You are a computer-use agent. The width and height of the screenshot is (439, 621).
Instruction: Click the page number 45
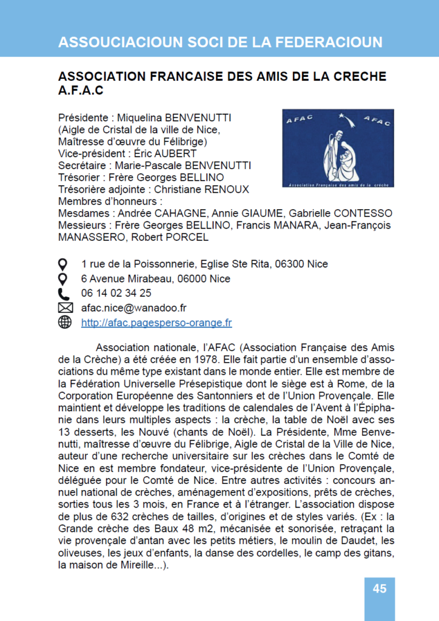380,588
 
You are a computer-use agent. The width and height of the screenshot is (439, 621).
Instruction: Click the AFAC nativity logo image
338,147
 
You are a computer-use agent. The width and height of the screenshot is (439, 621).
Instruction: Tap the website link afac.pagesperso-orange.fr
156,323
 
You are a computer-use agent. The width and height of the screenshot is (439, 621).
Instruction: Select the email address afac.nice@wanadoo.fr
133,308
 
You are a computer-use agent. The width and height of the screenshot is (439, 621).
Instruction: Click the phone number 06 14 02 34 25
116,294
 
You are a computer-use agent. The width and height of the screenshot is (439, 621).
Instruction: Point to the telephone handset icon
64,294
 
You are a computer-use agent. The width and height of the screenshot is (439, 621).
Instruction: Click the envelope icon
64,308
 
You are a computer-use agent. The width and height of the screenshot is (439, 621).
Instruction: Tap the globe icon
64,323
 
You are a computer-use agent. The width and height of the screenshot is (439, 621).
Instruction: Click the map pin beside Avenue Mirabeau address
64,279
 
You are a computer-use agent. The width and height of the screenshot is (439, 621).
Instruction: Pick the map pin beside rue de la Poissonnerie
64,264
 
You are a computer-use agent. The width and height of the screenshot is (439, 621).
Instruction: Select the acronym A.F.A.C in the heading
81,90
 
